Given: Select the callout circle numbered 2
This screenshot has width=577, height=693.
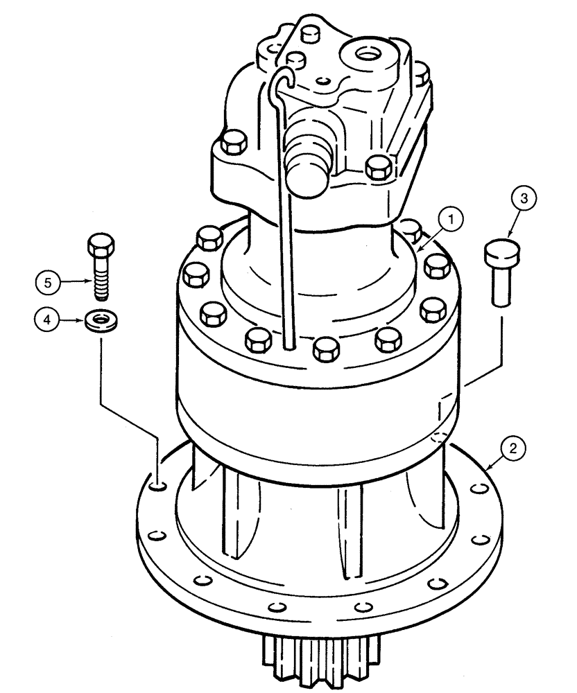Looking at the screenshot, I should pyautogui.click(x=512, y=449).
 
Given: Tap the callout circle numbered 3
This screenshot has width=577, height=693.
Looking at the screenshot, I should pyautogui.click(x=524, y=200).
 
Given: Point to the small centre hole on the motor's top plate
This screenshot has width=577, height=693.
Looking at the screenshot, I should pyautogui.click(x=320, y=80).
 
